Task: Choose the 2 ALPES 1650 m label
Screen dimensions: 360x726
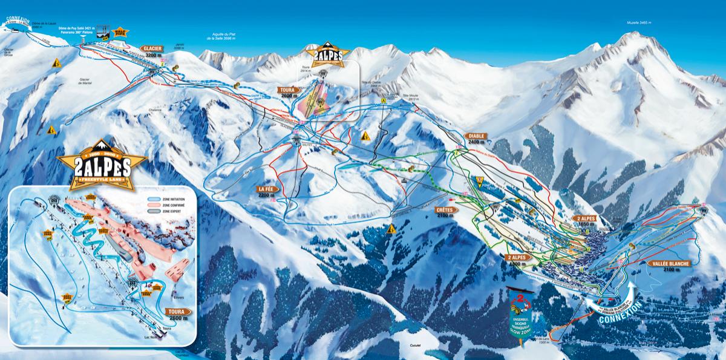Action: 586,220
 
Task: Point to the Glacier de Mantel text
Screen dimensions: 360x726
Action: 88,80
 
